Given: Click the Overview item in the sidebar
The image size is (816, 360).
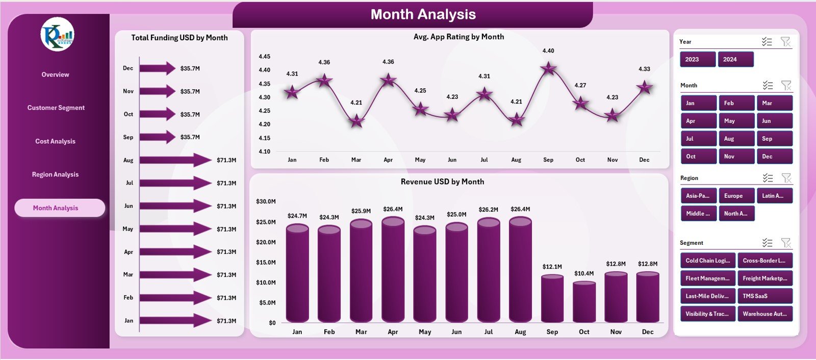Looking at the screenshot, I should click(x=55, y=74).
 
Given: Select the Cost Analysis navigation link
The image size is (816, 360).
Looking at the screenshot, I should click(x=55, y=141).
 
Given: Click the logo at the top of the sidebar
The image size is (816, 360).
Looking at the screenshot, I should click(x=58, y=34).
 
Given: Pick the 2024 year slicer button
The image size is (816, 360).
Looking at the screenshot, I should click(x=735, y=60).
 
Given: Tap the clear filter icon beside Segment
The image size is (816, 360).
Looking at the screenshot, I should click(x=786, y=243).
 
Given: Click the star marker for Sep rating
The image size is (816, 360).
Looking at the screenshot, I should click(x=548, y=68).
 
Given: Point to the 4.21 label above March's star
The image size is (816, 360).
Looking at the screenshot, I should click(x=356, y=102).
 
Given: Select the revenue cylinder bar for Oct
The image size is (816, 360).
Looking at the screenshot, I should click(x=584, y=302).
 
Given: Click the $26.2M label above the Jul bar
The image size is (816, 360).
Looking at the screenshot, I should click(x=489, y=210).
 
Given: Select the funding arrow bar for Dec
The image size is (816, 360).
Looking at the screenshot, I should click(x=157, y=68).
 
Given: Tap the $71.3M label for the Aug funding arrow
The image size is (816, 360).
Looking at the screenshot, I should click(x=226, y=160).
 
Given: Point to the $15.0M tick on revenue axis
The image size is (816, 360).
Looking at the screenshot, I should click(x=266, y=263).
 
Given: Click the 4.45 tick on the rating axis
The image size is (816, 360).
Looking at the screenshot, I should click(x=264, y=57).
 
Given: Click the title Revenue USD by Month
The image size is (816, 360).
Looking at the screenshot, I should click(x=442, y=182).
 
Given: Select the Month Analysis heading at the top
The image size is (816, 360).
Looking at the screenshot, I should click(x=423, y=15).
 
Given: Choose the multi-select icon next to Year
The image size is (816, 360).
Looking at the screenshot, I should click(x=767, y=42).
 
